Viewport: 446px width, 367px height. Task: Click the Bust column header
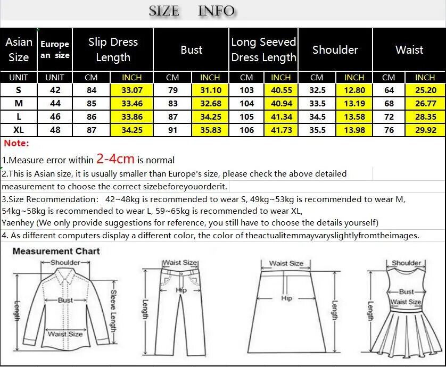[x=192, y=50]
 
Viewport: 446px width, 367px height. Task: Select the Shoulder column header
[x=335, y=50]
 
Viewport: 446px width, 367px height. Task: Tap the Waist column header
[x=409, y=50]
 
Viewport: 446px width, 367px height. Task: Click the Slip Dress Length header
[x=113, y=50]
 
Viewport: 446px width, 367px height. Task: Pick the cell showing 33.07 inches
[x=132, y=90]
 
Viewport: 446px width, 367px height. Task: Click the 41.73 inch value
[x=281, y=130]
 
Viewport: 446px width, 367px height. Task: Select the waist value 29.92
[x=425, y=130]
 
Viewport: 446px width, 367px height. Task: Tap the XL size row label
[x=19, y=130]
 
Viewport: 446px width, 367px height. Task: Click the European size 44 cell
[x=55, y=103]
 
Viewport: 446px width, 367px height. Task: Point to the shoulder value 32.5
[x=317, y=90]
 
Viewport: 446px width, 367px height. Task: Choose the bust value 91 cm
[x=172, y=130]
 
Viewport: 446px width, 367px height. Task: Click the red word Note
[x=16, y=143]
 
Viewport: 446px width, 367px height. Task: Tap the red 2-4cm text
[x=115, y=159]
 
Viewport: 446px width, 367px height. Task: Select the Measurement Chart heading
[x=56, y=251]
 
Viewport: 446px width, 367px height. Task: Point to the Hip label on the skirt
[x=286, y=298]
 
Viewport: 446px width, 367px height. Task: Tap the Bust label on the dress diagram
[x=406, y=291]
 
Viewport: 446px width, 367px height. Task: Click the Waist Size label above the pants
[x=180, y=263]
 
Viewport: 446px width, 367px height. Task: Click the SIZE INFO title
[x=192, y=11]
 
